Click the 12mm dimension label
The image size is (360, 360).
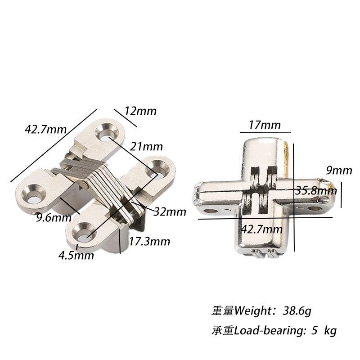[x=141, y=111]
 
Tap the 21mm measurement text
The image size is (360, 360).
[x=146, y=146]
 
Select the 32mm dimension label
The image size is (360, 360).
[x=169, y=211]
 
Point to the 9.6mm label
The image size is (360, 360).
[x=54, y=218]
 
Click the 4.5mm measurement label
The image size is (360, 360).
[x=76, y=256]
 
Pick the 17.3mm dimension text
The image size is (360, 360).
[x=149, y=242]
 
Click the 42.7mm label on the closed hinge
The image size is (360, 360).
[x=262, y=229]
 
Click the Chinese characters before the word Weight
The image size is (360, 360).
[x=223, y=310]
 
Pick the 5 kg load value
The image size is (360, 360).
[x=324, y=331]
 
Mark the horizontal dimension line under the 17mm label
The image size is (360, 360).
[x=265, y=133]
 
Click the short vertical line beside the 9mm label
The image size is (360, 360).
[x=342, y=194]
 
